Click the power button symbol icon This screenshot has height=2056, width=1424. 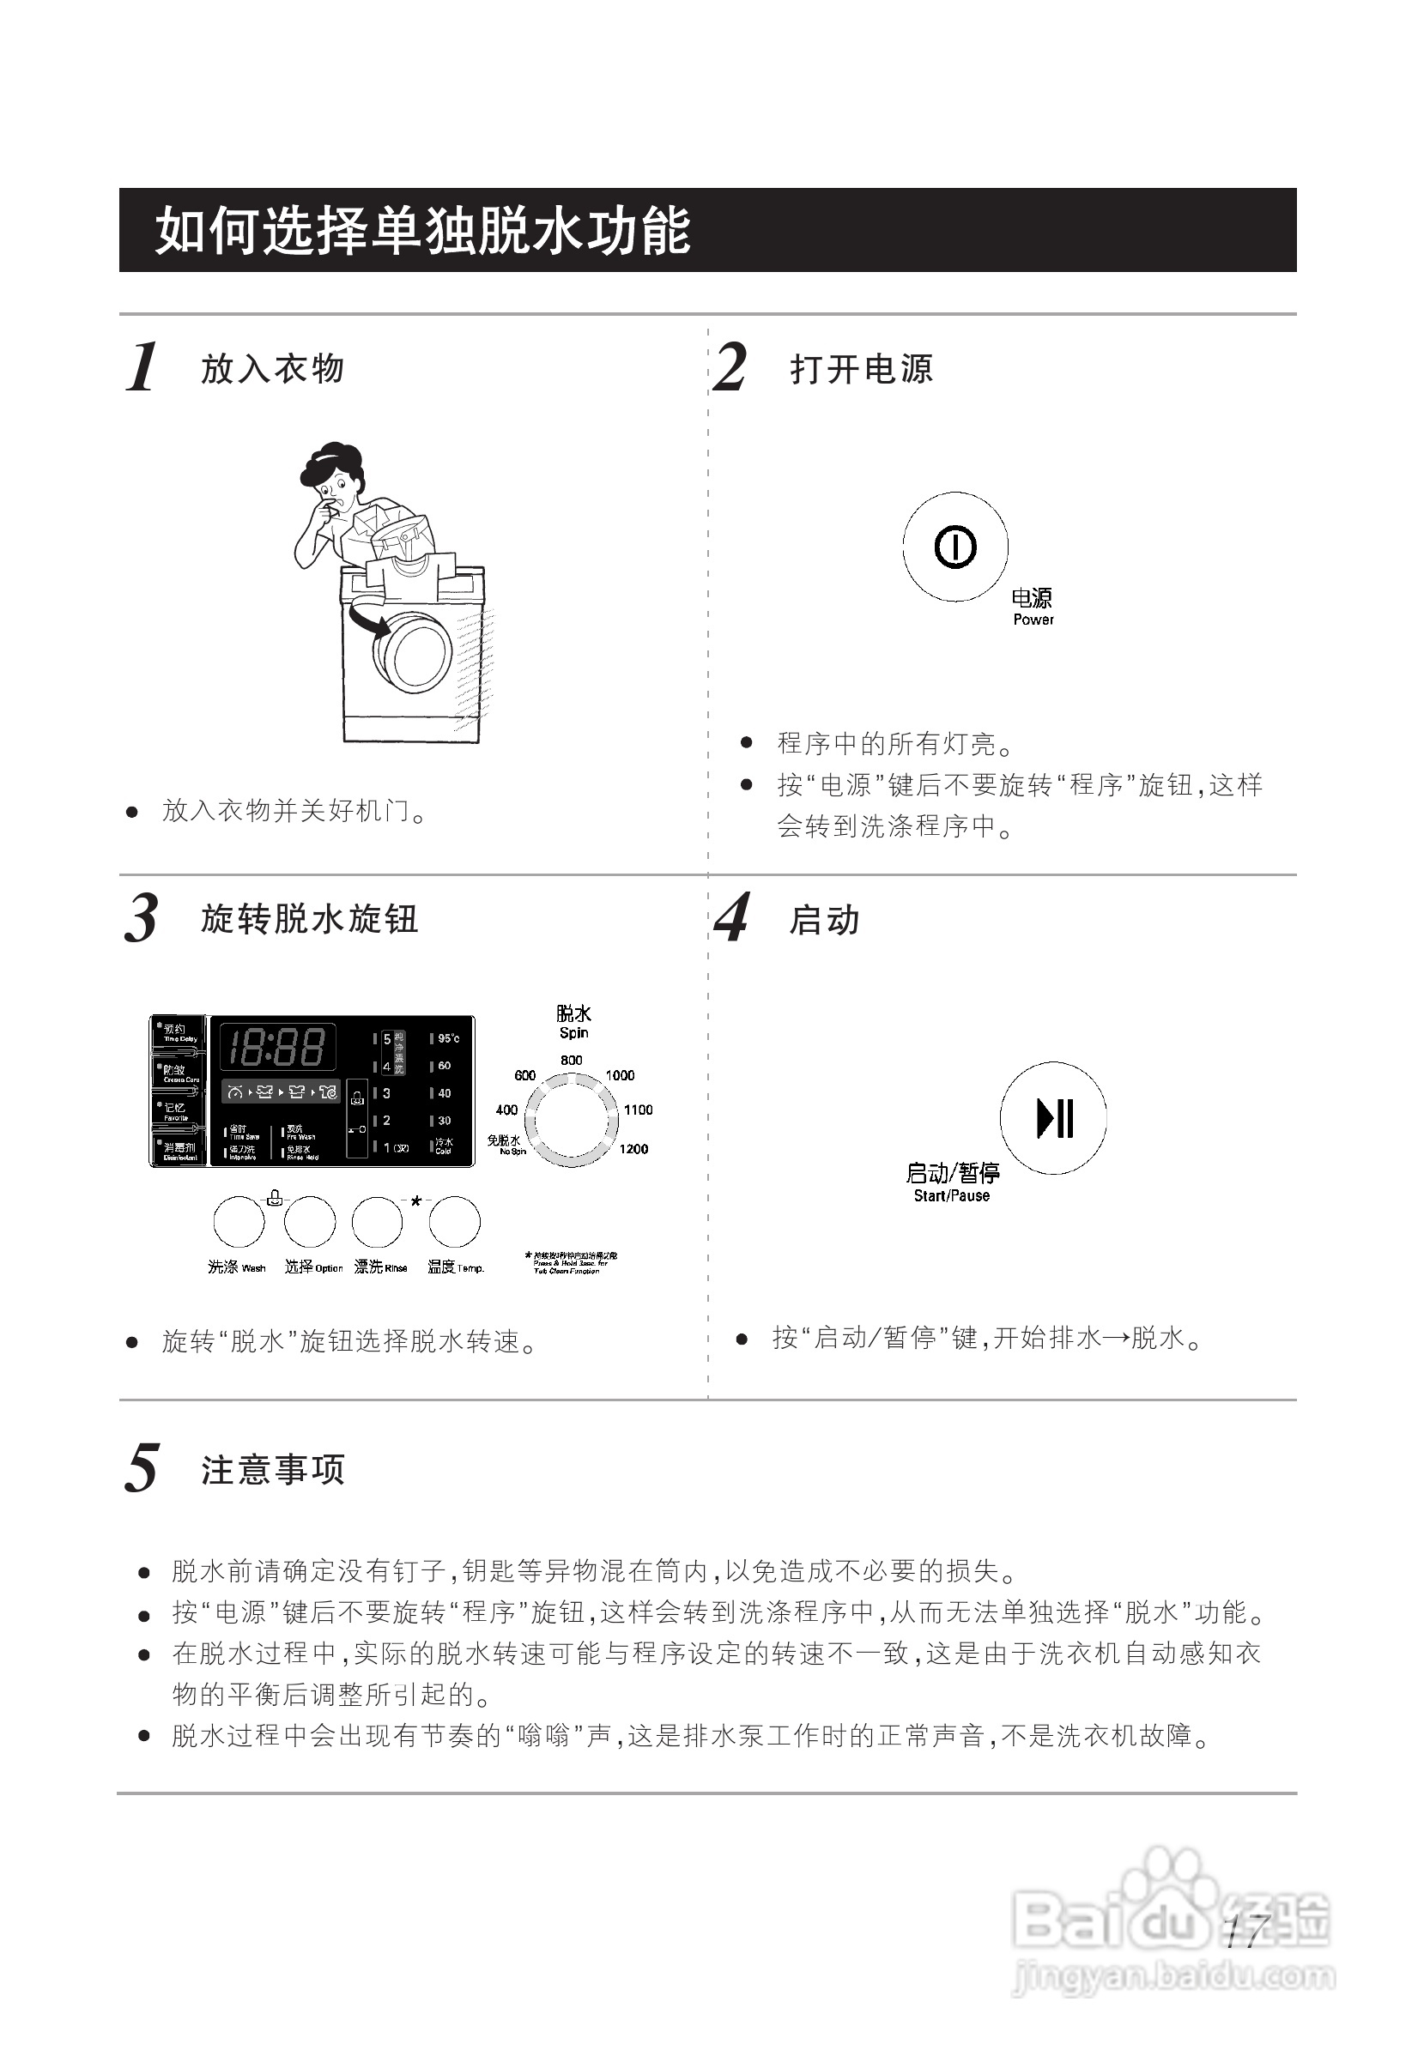(954, 546)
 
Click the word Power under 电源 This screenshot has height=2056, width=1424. (1033, 619)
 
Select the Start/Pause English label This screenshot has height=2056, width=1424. (951, 1195)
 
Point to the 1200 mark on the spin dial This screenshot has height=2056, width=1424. (633, 1149)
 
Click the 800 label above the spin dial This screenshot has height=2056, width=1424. (571, 1060)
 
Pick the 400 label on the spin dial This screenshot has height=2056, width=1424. (506, 1110)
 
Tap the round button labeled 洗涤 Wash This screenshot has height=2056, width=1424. (239, 1221)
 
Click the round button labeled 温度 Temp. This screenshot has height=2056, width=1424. (454, 1221)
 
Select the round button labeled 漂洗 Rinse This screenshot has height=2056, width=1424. (378, 1221)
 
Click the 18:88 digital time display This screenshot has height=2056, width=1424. (276, 1046)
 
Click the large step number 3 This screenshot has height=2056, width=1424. (141, 918)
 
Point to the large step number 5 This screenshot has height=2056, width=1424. (141, 1468)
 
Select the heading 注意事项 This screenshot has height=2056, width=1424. (272, 1469)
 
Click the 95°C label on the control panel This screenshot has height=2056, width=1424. (448, 1038)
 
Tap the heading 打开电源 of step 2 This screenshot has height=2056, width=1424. (861, 368)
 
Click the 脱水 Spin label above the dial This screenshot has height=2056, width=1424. (573, 1022)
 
